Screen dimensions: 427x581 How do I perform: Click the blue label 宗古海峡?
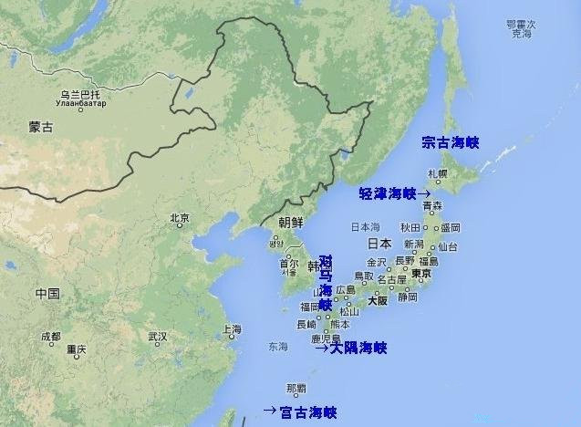pos(450,142)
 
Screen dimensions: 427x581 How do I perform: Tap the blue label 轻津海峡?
pos(388,193)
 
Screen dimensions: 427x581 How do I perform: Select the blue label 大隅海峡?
pos(358,348)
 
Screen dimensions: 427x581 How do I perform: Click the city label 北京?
pos(180,218)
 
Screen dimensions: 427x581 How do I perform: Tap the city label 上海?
pos(231,329)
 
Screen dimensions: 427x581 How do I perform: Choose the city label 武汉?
pos(158,337)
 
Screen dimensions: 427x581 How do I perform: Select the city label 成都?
pos(50,337)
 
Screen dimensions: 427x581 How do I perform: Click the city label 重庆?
pos(76,349)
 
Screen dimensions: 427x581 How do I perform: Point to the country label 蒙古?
pos(41,128)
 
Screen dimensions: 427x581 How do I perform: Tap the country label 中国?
pos(47,294)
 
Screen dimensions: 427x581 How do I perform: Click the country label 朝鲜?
pos(291,222)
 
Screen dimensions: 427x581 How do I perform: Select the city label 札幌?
pos(438,173)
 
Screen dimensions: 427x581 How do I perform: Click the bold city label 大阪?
pos(378,299)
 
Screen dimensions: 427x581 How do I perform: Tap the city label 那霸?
pos(296,387)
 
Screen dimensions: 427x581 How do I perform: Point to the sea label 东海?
pos(277,347)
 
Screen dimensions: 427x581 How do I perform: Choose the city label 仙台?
pos(448,246)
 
